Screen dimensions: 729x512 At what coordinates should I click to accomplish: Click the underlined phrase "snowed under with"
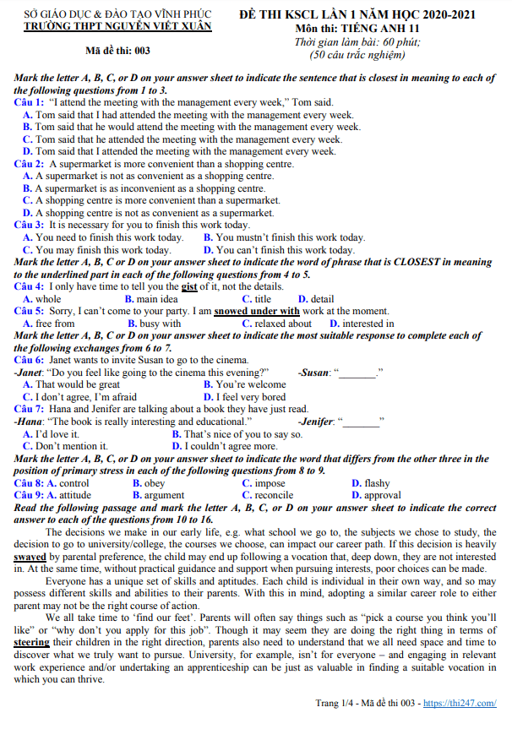pos(257,311)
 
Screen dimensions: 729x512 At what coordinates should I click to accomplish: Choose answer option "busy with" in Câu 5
pos(159,324)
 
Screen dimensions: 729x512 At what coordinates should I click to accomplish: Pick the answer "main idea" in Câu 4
pos(157,299)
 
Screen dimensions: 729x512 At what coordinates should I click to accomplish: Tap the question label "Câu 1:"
pos(30,102)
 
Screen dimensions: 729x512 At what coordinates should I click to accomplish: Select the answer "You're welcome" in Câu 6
pos(238,384)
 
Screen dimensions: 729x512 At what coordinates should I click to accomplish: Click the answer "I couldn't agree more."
pos(231,446)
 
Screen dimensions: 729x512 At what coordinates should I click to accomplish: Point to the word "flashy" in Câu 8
pos(377,483)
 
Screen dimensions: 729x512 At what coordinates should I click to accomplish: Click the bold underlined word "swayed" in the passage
pos(30,558)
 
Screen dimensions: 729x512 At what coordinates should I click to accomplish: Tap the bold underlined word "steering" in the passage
pos(32,643)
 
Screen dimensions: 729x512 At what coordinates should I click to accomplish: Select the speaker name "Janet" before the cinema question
pos(31,372)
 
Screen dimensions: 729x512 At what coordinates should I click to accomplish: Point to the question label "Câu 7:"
pos(30,409)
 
